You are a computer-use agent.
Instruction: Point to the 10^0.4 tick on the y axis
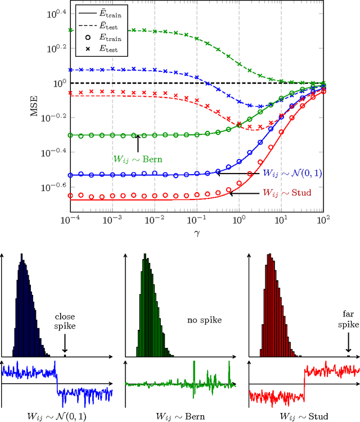[x=55, y=12]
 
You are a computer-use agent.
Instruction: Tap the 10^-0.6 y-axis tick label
[x=54, y=187]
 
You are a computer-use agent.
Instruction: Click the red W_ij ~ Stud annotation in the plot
[x=287, y=193]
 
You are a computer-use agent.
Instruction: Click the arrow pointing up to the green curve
[x=137, y=143]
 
